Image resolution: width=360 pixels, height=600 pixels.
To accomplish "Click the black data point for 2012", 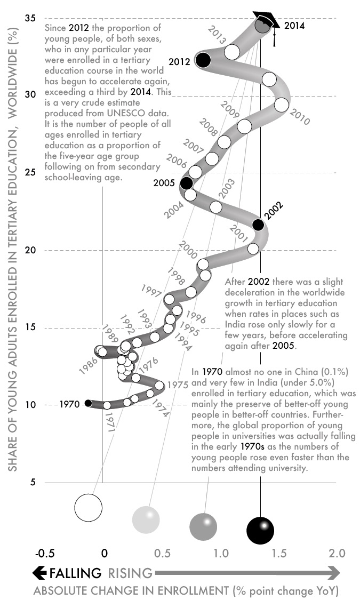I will click(203, 60).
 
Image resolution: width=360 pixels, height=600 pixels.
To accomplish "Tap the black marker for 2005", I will click(186, 183).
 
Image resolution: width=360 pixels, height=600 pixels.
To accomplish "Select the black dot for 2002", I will click(258, 225).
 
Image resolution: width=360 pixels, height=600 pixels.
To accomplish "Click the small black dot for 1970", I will click(88, 403).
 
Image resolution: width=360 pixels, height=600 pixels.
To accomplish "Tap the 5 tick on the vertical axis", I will click(33, 482).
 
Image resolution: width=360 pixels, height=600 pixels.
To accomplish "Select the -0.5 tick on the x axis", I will click(44, 553).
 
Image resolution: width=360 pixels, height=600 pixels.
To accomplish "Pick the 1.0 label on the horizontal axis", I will click(220, 553).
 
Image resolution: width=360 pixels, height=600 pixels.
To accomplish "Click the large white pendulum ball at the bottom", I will click(88, 507).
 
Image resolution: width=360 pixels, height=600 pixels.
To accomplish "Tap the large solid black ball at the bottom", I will click(260, 530).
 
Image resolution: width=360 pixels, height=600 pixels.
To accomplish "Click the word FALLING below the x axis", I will click(75, 573).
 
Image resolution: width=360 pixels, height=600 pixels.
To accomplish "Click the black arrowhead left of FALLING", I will click(39, 573).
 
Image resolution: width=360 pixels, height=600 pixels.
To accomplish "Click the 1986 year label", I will click(87, 367).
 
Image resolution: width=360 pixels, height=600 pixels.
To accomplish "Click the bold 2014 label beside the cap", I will click(294, 25).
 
